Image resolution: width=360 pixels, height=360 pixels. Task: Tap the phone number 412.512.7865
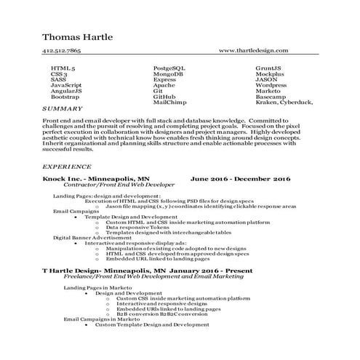[62, 52]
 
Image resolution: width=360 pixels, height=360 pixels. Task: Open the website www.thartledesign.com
[253, 52]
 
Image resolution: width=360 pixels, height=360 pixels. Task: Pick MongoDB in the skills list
[168, 73]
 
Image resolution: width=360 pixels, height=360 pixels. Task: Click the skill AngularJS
[66, 91]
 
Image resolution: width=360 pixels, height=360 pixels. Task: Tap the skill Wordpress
[271, 85]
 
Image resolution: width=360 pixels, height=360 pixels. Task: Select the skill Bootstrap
[65, 97]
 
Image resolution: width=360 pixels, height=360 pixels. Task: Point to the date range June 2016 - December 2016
[240, 178]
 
